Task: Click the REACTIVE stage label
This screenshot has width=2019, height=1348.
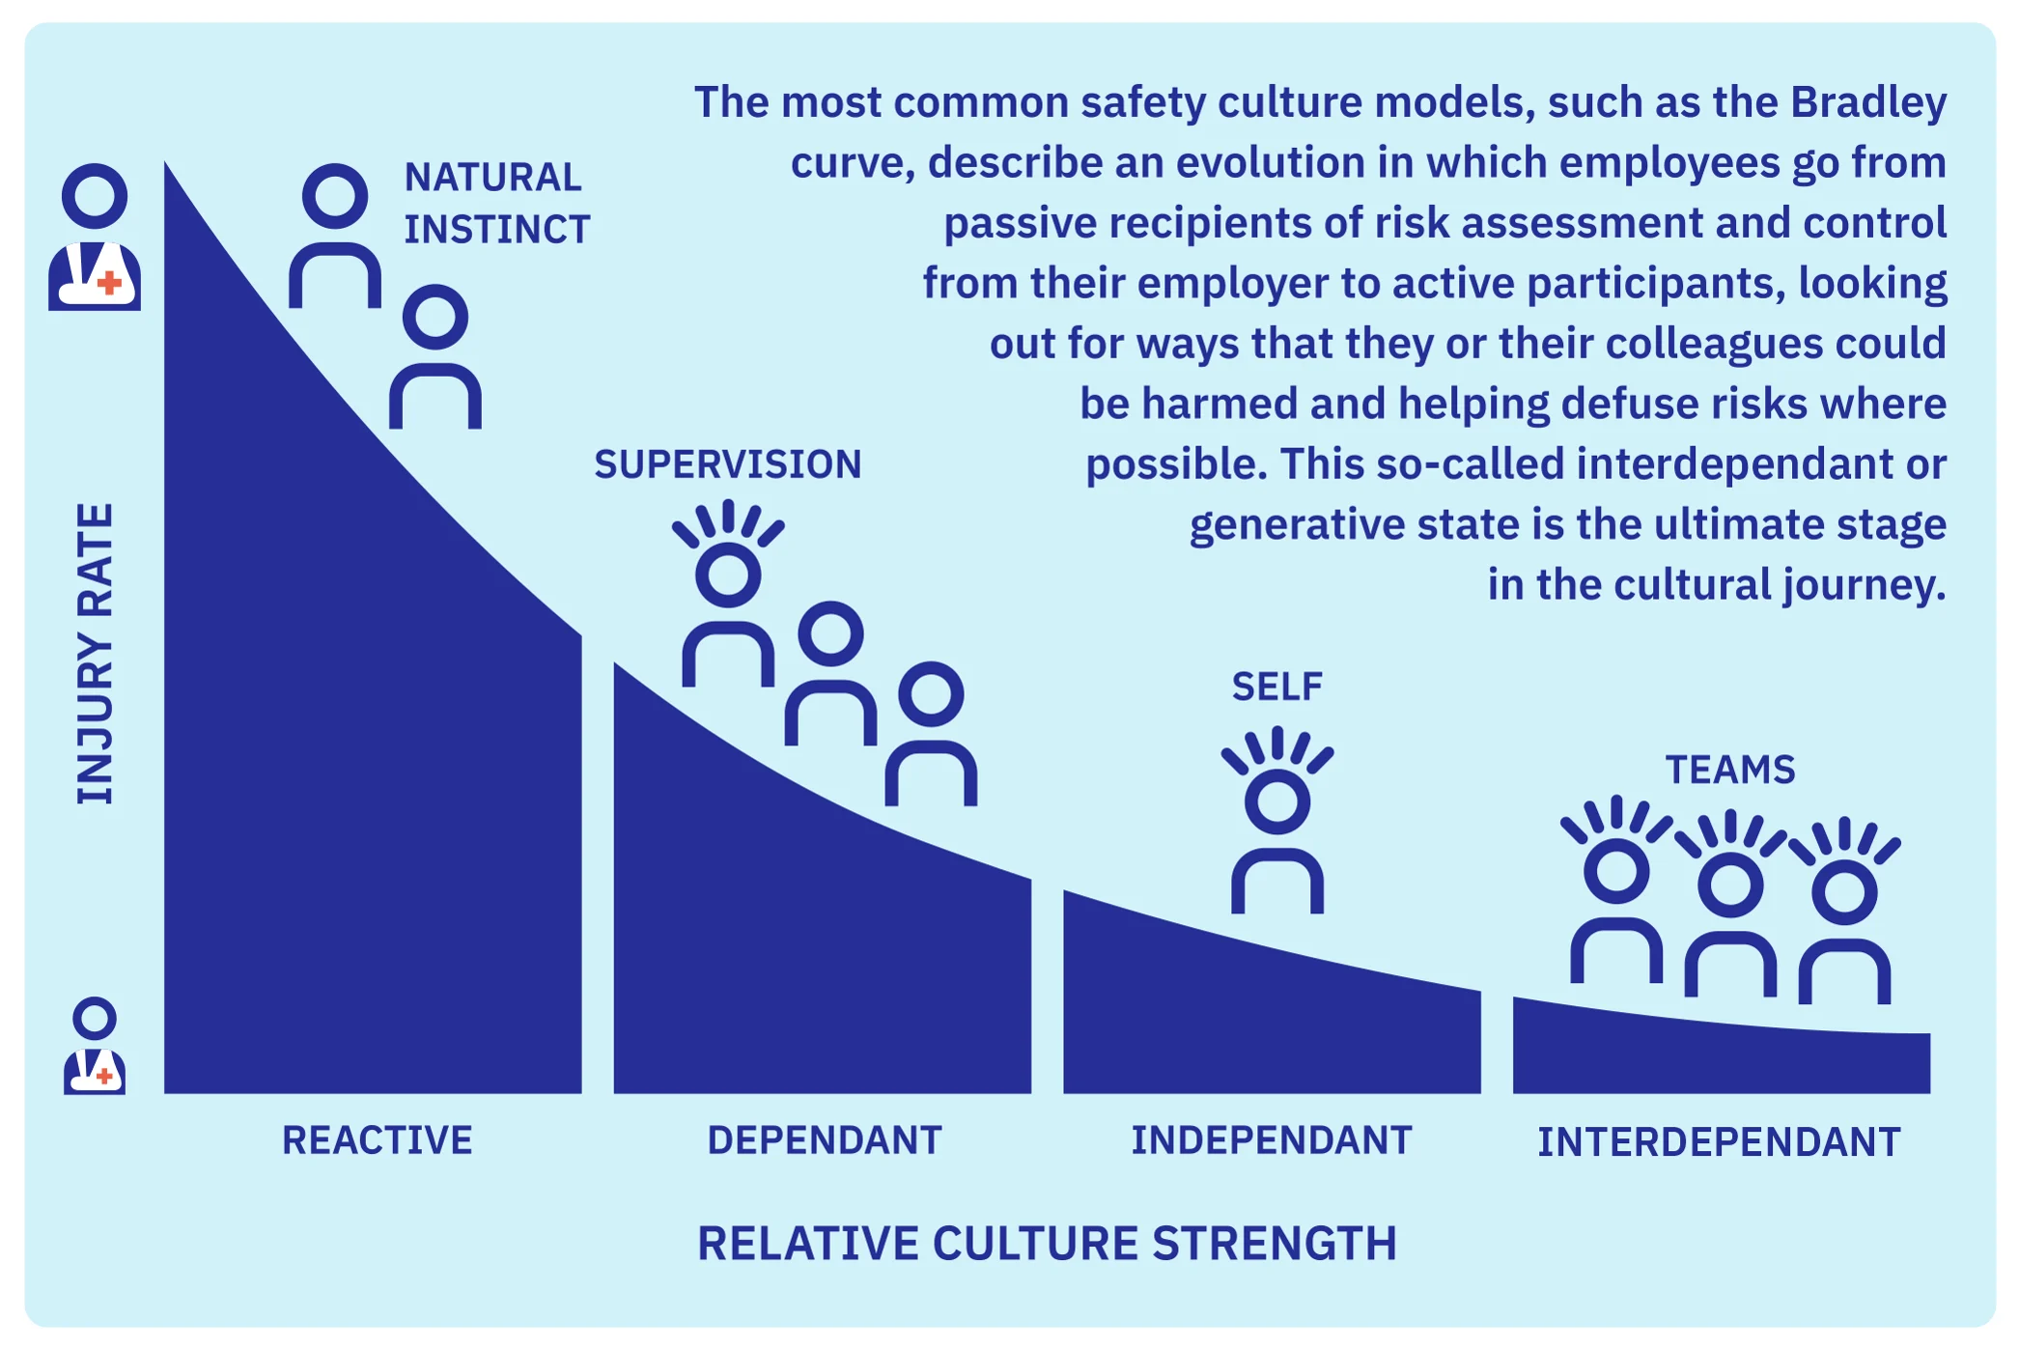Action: point(377,1140)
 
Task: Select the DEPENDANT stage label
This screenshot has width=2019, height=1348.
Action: point(824,1140)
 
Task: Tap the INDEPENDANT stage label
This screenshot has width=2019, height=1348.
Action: point(1271,1140)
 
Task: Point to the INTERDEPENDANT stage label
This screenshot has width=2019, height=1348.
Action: point(1719,1142)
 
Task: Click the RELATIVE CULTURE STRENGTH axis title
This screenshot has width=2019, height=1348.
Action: point(1047,1243)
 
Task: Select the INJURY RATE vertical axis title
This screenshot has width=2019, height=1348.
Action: point(95,654)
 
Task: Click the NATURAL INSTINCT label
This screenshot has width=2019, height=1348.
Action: point(495,203)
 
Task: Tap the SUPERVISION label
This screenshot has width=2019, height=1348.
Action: point(727,464)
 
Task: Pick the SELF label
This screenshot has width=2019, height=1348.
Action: point(1276,687)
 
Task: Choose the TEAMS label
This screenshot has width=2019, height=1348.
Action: point(1729,770)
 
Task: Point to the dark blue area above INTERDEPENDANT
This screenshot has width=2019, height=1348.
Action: point(1721,1057)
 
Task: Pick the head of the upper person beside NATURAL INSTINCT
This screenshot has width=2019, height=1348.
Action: point(335,196)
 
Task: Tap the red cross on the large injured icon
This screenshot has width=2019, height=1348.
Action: point(111,282)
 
